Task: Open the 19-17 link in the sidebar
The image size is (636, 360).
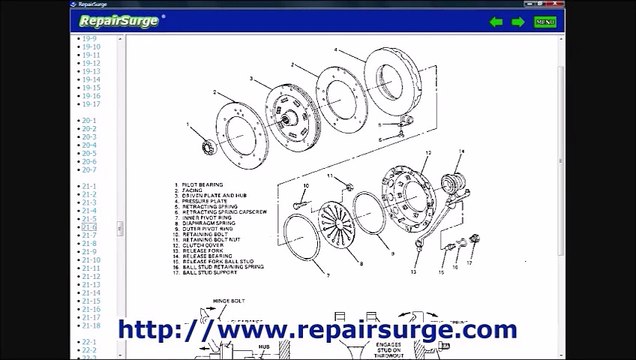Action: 91,104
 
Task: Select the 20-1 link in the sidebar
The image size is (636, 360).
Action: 89,121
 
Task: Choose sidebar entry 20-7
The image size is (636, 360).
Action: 89,170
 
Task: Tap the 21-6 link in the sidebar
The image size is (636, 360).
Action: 89,228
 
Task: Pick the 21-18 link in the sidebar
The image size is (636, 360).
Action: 91,325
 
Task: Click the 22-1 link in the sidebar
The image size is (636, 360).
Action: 89,342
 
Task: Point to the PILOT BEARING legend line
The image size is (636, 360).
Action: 200,185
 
